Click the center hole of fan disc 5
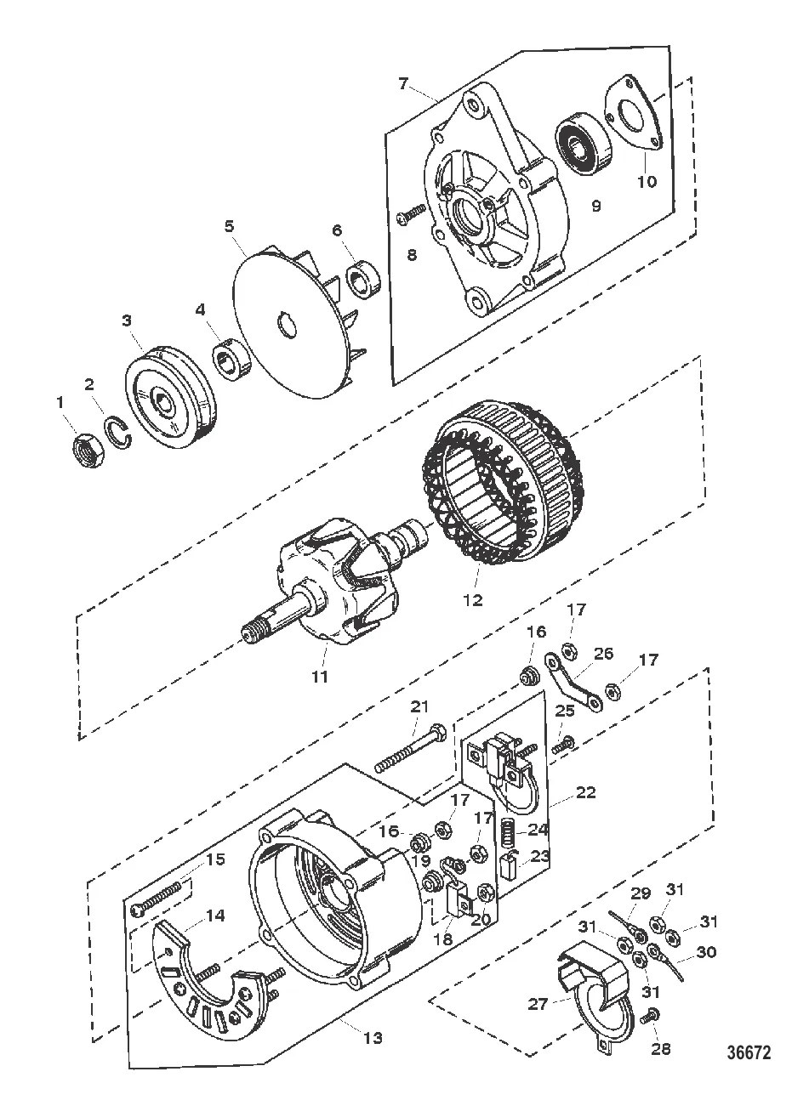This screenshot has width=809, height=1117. pos(286,325)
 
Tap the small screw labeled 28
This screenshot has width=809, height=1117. pos(652,1015)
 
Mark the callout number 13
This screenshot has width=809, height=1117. pos(372,1038)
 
